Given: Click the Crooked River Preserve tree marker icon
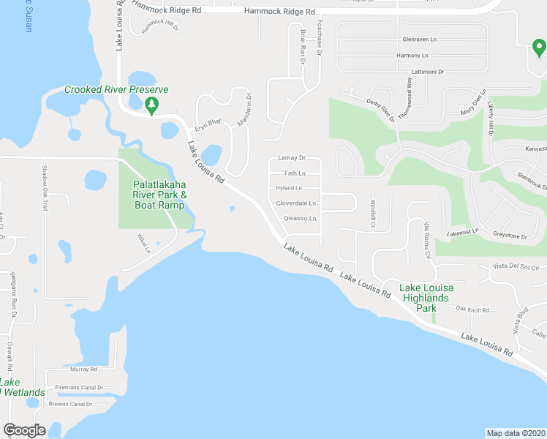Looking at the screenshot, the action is click(151, 105).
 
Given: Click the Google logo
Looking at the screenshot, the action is click(24, 430).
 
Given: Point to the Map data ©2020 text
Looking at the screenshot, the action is click(516, 433).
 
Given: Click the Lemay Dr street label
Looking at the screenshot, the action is click(291, 158).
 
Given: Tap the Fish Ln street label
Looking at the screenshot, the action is click(295, 173).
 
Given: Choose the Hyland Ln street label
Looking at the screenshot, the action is click(289, 188).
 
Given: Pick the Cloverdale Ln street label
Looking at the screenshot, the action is click(296, 203).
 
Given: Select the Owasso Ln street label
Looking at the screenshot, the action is click(300, 219).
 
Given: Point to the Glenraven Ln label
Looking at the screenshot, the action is click(419, 40).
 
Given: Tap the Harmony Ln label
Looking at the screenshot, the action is click(413, 56).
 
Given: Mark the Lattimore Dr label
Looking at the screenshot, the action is click(428, 72).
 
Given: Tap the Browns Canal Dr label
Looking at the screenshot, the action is click(71, 404).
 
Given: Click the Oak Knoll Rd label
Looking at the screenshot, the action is click(472, 310).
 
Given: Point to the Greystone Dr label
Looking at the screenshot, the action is click(510, 236).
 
